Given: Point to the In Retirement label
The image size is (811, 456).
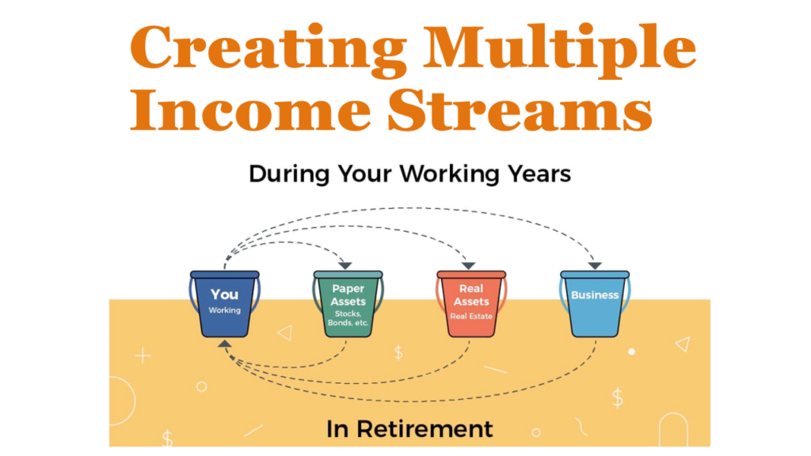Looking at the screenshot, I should [x=409, y=428].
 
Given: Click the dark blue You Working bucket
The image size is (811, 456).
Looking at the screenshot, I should [x=224, y=305].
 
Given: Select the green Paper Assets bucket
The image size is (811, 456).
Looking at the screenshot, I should [x=348, y=305].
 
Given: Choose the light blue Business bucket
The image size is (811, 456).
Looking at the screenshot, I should [x=595, y=305].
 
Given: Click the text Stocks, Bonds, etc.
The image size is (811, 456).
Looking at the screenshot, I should [x=348, y=318].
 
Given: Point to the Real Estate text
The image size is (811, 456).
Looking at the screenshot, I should [x=471, y=316].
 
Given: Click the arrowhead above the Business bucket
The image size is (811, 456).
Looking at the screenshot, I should [x=595, y=265].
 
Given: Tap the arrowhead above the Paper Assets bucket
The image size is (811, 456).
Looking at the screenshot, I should [x=346, y=265].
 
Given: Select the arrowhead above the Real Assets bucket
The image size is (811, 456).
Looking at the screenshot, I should [x=468, y=265].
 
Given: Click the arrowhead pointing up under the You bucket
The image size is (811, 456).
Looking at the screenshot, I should [x=225, y=344].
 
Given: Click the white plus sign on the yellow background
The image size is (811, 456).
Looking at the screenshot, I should [x=143, y=355].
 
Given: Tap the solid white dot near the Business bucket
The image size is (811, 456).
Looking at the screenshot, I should [x=631, y=351].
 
